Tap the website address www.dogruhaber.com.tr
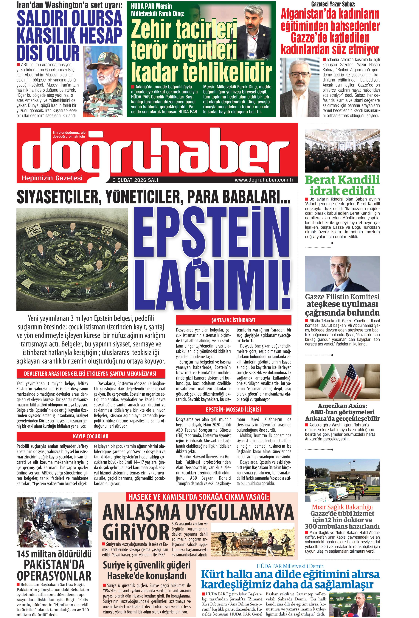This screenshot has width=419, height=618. [264, 180]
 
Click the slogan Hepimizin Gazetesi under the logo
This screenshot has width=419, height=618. [52, 178]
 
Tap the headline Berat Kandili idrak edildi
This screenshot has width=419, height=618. [342, 185]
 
